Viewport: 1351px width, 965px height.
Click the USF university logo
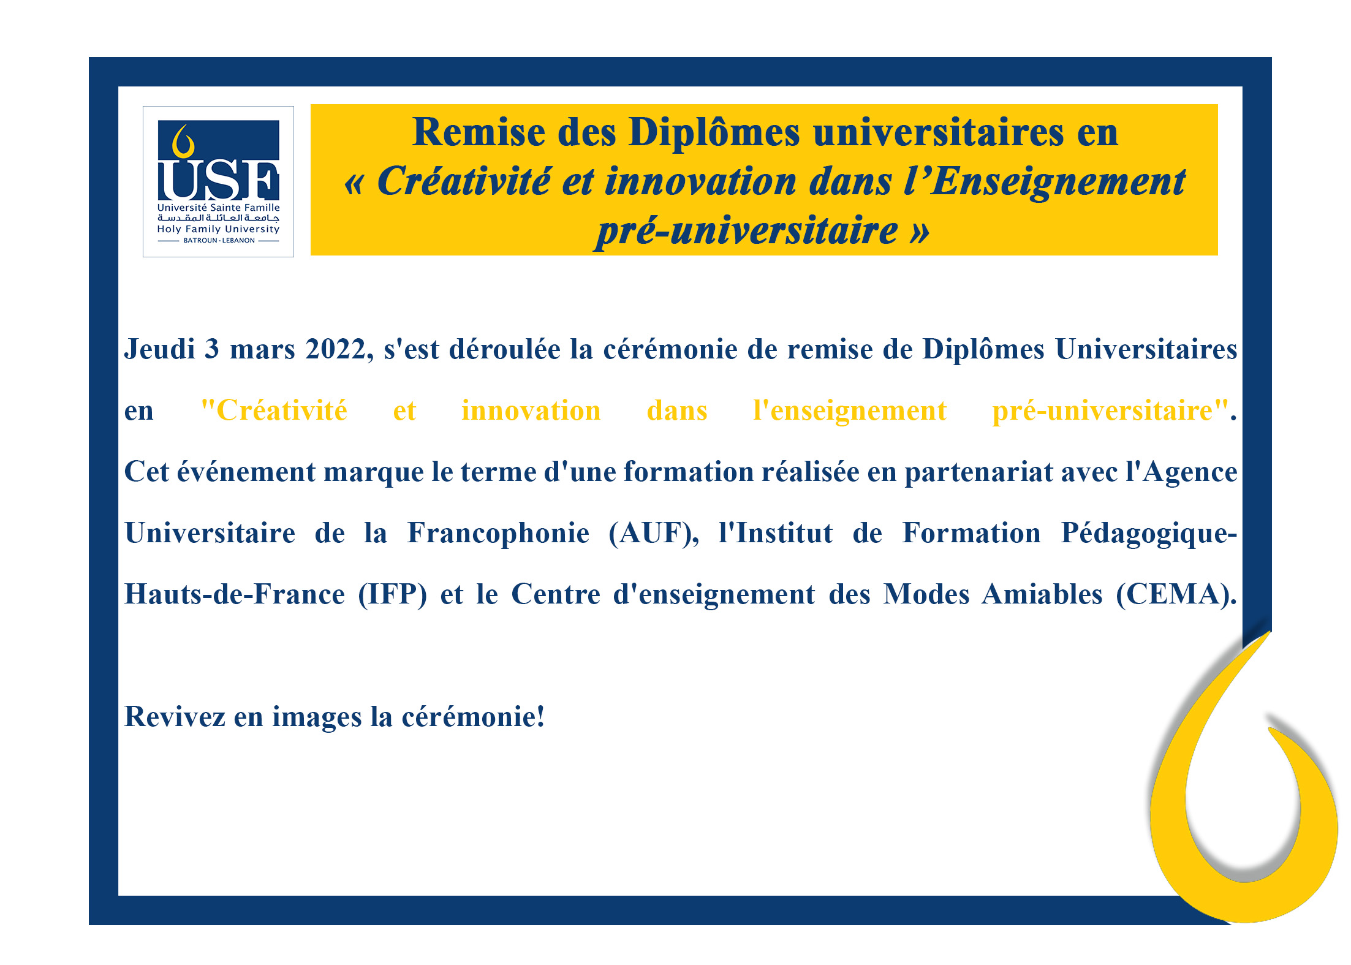coord(218,181)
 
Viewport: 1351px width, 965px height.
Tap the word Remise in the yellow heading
coord(479,132)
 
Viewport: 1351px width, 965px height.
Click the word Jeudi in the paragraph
coord(159,349)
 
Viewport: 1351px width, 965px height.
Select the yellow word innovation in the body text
coord(531,411)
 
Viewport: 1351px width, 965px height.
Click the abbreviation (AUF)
coord(654,534)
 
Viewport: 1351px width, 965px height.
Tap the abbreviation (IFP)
coord(392,595)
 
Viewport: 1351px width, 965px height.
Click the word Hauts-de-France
coord(235,594)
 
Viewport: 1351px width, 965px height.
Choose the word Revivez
coord(175,717)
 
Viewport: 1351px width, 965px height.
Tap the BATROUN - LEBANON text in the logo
coord(219,240)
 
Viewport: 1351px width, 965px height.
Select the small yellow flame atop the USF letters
coord(183,142)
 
